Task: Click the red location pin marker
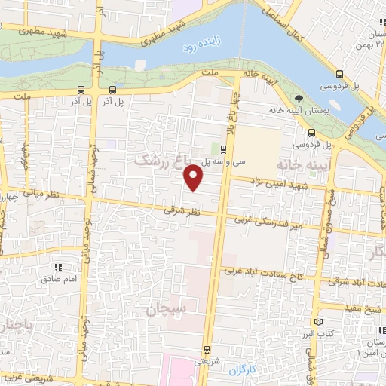coord(194,178)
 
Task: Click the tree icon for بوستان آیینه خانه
coord(299,98)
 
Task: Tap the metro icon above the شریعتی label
coord(207,349)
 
